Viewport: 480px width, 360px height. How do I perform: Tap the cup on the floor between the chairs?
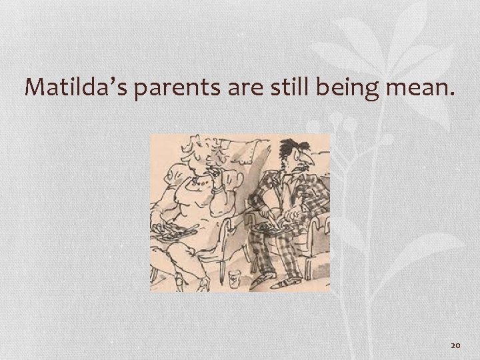point(237,276)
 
